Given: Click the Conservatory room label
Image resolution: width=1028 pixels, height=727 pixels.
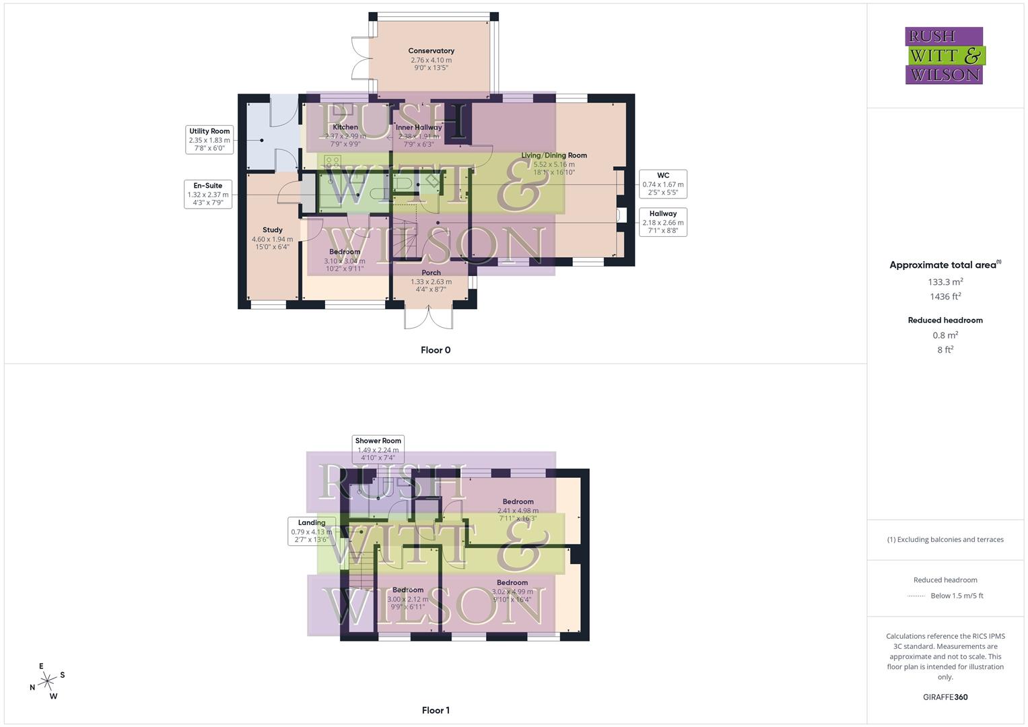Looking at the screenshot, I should tap(431, 51).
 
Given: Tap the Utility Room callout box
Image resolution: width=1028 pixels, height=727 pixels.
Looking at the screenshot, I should tap(209, 139).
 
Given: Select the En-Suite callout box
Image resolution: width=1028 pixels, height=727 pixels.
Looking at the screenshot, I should tap(208, 194).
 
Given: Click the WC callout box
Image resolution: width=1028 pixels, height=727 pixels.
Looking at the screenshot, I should tap(662, 184).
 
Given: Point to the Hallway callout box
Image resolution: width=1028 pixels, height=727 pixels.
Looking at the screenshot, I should tap(662, 222).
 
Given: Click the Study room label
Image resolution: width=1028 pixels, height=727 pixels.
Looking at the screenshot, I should tap(272, 230).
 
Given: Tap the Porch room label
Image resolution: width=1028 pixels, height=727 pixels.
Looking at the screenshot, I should tap(431, 273).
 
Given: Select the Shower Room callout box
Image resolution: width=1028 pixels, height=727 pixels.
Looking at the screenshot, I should tap(378, 449).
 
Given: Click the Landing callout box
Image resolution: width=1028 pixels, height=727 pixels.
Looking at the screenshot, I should tap(312, 531).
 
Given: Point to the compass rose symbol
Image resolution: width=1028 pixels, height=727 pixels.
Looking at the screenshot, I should tap(47, 681).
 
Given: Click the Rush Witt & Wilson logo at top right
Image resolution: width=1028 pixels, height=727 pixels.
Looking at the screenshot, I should tap(944, 56).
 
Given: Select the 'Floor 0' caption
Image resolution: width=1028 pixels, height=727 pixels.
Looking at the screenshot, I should tap(436, 350).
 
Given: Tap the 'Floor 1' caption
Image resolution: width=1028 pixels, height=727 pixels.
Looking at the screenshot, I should tap(436, 710).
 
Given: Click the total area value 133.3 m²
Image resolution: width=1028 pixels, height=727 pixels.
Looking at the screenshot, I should tap(945, 282).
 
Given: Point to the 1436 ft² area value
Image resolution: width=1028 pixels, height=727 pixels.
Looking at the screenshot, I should tap(945, 297).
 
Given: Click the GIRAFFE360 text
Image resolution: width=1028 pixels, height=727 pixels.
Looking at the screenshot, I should tap(945, 697).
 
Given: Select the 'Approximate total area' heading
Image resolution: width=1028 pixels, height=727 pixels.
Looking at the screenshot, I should tap(944, 265).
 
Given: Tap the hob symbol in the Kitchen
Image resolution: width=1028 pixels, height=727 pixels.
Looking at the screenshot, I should tap(333, 162).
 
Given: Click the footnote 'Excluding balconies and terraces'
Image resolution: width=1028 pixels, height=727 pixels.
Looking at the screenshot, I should tap(945, 540).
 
